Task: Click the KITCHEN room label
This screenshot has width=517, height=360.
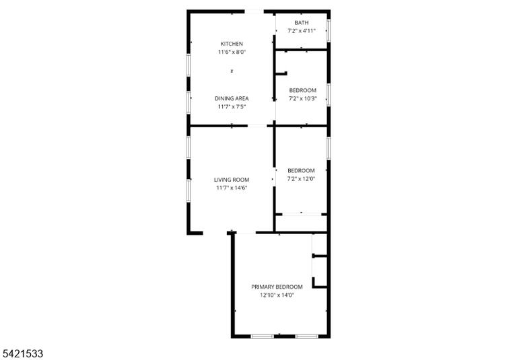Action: pyautogui.click(x=232, y=44)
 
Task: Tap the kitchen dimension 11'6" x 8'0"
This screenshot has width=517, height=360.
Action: pyautogui.click(x=232, y=52)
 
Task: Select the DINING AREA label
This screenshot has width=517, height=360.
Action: pyautogui.click(x=232, y=98)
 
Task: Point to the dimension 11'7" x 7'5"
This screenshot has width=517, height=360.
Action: pyautogui.click(x=232, y=107)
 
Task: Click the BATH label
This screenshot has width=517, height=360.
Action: pyautogui.click(x=302, y=23)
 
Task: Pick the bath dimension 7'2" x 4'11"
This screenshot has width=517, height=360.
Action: pyautogui.click(x=302, y=31)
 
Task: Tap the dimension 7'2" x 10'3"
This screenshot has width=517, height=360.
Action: pyautogui.click(x=303, y=98)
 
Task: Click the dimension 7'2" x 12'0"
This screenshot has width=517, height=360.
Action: pyautogui.click(x=302, y=179)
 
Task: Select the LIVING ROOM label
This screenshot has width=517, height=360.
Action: pyautogui.click(x=232, y=180)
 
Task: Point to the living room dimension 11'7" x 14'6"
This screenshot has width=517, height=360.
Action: pyautogui.click(x=232, y=188)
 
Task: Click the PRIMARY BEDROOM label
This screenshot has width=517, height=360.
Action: pyautogui.click(x=277, y=287)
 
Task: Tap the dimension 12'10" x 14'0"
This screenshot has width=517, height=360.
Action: pyautogui.click(x=277, y=295)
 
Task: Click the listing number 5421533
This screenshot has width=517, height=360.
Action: pyautogui.click(x=22, y=354)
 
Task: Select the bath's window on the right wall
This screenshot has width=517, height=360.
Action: pyautogui.click(x=329, y=31)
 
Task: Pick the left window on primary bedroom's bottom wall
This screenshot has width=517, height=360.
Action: pyautogui.click(x=262, y=336)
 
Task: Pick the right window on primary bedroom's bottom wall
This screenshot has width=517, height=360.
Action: pyautogui.click(x=307, y=336)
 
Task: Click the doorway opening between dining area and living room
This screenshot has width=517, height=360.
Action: pyautogui.click(x=257, y=126)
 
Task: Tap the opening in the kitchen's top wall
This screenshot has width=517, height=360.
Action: pyautogui.click(x=254, y=12)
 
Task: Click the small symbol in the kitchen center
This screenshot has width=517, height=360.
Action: pyautogui.click(x=232, y=71)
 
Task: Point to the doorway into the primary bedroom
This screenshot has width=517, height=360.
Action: pyautogui.click(x=246, y=233)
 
